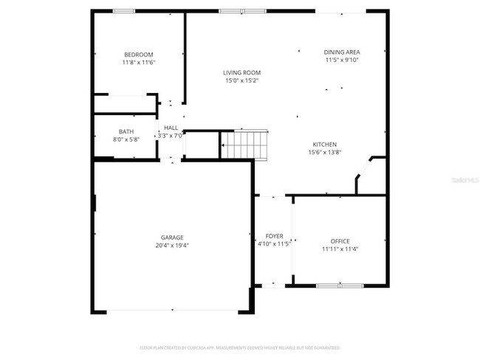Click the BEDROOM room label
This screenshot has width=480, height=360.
[x=138, y=55]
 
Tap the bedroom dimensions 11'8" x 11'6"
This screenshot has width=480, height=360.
[x=138, y=63]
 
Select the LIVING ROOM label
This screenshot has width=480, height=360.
[x=242, y=72]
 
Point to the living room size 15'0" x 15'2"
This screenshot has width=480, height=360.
[x=242, y=80]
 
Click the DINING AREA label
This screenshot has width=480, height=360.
[x=341, y=52]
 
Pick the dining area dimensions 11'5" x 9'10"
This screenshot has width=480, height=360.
[x=341, y=60]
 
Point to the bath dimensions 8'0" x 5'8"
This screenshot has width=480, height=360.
[x=126, y=139]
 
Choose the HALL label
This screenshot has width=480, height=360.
[x=171, y=128]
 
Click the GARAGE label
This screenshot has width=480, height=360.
[x=172, y=237]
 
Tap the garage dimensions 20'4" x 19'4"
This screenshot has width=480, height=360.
[x=172, y=245]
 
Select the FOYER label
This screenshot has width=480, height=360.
[x=274, y=236]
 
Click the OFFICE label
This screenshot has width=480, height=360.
[x=340, y=240]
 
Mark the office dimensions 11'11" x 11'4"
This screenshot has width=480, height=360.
[x=340, y=249]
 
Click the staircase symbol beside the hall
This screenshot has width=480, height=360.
[x=245, y=143]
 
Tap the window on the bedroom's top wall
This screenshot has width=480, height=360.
[x=123, y=11]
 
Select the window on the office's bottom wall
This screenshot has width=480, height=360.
[x=339, y=285]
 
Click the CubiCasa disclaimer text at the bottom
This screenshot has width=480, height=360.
[x=239, y=347]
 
